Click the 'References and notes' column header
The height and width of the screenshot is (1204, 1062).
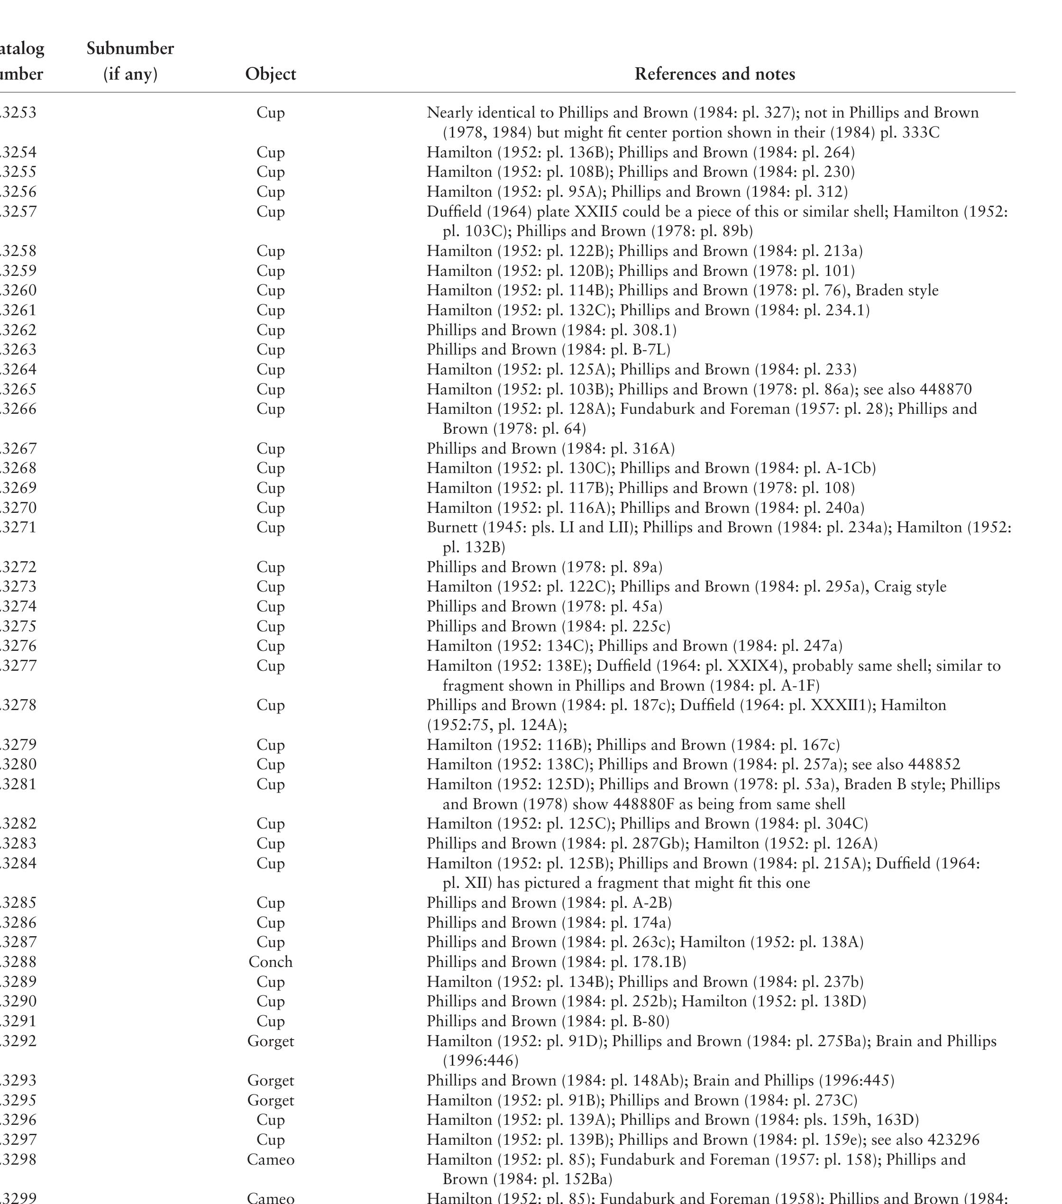pyautogui.click(x=714, y=74)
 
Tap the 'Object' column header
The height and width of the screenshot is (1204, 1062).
pyautogui.click(x=270, y=74)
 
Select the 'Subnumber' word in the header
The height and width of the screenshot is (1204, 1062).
pyautogui.click(x=130, y=48)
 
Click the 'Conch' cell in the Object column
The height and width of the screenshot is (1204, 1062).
pyautogui.click(x=270, y=962)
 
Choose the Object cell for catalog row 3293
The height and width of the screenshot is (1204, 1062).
pyautogui.click(x=270, y=1080)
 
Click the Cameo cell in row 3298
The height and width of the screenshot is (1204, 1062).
pyautogui.click(x=270, y=1160)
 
